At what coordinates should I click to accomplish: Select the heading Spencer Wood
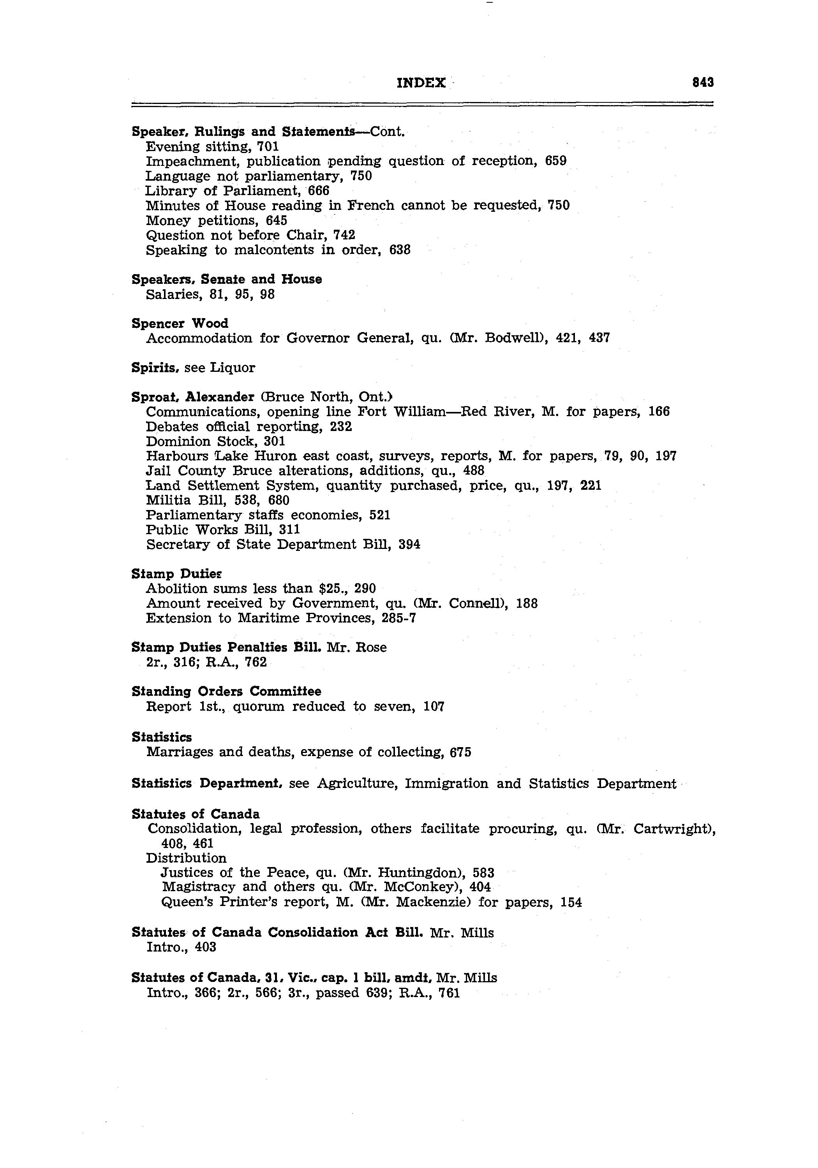pos(180,324)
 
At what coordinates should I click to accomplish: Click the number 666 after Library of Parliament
pos(319,191)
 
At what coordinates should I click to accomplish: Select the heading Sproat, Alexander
pos(192,397)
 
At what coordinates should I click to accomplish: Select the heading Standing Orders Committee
pos(226,692)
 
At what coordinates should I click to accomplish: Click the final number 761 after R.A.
pos(449,993)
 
